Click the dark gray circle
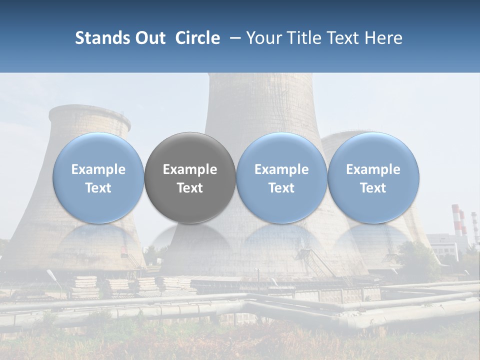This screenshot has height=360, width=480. pos(190,177)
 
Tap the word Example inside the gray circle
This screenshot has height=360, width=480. pos(190,169)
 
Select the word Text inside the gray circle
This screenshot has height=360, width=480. pos(190,188)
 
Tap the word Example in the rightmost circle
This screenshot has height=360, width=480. pos(373,169)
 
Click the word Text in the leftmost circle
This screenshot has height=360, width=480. pos(98,188)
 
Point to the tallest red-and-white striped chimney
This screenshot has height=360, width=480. pos(455,220)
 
